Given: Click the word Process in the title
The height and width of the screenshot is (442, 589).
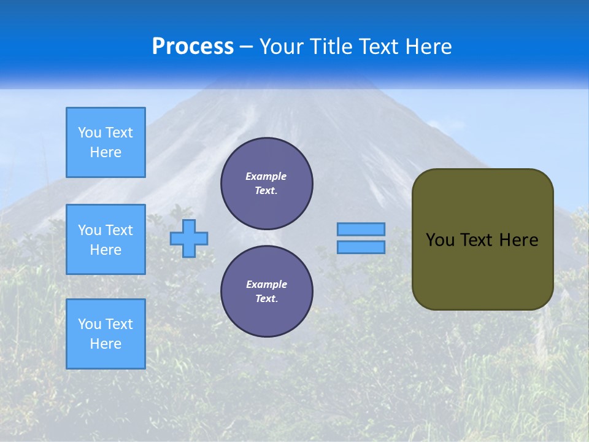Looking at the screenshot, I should click(x=193, y=47).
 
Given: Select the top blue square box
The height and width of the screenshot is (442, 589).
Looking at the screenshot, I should click(x=106, y=142).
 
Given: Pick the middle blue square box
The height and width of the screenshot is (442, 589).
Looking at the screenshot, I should click(x=106, y=239).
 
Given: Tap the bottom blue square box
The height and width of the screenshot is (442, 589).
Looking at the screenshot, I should click(x=106, y=334).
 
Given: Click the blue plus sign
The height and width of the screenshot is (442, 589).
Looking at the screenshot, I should click(x=189, y=238).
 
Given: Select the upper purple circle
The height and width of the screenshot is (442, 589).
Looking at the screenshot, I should click(x=267, y=183).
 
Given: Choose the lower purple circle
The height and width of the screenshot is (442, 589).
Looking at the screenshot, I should click(x=267, y=291).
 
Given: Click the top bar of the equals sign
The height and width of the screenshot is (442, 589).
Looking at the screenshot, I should click(x=361, y=230).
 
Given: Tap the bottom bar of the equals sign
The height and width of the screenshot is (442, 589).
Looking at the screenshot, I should click(x=361, y=247).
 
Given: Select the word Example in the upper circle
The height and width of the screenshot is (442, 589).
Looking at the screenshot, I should click(x=266, y=176).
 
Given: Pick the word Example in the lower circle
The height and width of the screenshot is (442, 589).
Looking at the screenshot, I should click(x=266, y=284).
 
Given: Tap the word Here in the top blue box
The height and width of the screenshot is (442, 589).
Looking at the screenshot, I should click(x=106, y=152).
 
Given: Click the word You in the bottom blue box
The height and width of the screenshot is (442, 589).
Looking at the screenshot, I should click(x=90, y=324).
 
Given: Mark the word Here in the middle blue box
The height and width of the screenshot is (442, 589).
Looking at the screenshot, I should click(x=106, y=250).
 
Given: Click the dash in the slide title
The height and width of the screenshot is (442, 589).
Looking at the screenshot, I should click(x=246, y=47).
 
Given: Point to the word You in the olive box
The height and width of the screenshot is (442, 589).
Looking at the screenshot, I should click(x=440, y=240).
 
